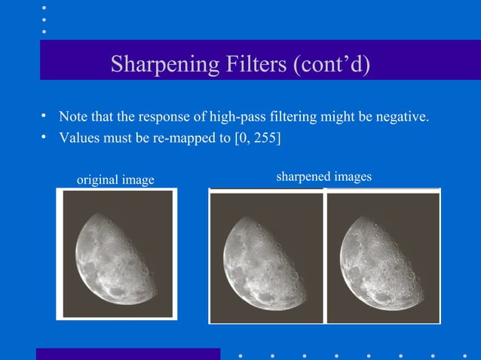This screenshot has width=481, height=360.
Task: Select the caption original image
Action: click(x=116, y=179)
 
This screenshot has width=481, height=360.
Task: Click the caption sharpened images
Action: click(x=324, y=176)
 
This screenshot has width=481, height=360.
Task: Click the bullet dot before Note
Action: click(x=44, y=116)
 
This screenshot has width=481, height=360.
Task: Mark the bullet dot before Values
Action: click(x=44, y=137)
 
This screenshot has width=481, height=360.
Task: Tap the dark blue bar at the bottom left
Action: click(x=128, y=354)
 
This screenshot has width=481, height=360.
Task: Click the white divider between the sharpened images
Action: click(x=324, y=256)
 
